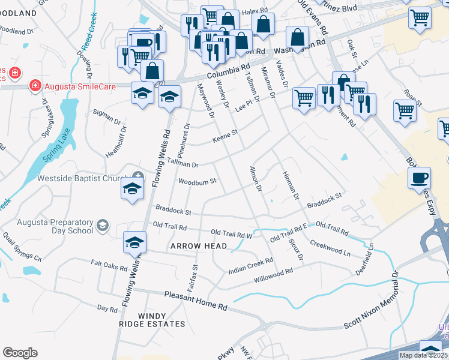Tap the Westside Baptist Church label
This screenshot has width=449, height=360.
pyautogui.click(x=83, y=178)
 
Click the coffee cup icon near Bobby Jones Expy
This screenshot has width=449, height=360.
pyautogui.click(x=419, y=178)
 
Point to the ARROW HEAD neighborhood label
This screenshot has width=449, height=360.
pyautogui.click(x=199, y=246)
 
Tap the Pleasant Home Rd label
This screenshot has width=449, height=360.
pyautogui.click(x=196, y=301)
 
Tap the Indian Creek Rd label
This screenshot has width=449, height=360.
pyautogui.click(x=251, y=266)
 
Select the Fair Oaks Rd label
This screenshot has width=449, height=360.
pyautogui.click(x=109, y=265)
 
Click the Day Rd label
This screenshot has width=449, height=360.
pyautogui.click(x=107, y=308)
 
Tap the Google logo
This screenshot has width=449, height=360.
pyautogui.click(x=20, y=353)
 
